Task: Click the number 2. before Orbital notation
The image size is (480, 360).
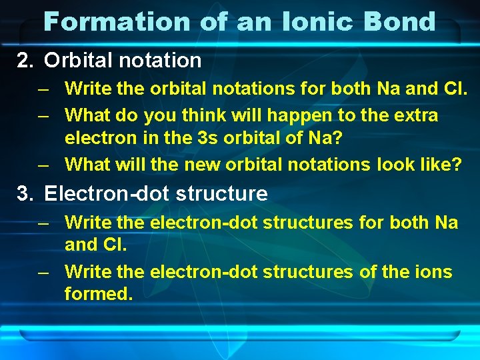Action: coord(25,61)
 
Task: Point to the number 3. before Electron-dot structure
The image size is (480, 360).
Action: coord(25,194)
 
